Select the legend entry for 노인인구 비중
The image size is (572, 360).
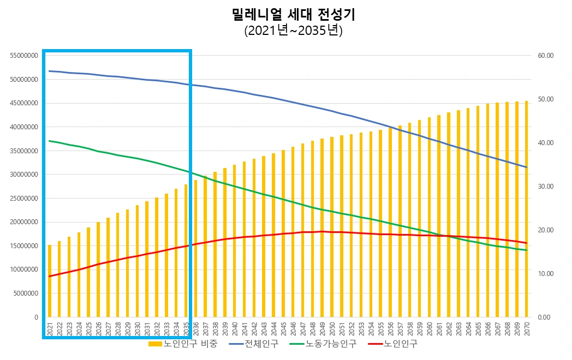(x=183, y=344)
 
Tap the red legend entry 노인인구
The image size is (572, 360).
(x=393, y=344)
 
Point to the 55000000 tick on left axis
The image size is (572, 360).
(x=23, y=56)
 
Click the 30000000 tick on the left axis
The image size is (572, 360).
(x=23, y=175)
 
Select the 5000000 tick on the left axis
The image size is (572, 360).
(x=25, y=293)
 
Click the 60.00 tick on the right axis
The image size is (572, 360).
(x=546, y=56)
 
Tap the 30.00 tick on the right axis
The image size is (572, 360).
(x=546, y=187)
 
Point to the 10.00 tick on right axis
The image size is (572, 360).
(x=546, y=274)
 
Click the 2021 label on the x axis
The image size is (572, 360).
(x=50, y=329)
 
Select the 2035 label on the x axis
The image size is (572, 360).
(x=186, y=329)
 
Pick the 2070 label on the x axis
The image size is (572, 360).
(x=527, y=329)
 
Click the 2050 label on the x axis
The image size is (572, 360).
(x=332, y=329)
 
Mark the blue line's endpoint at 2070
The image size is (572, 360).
(x=527, y=167)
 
